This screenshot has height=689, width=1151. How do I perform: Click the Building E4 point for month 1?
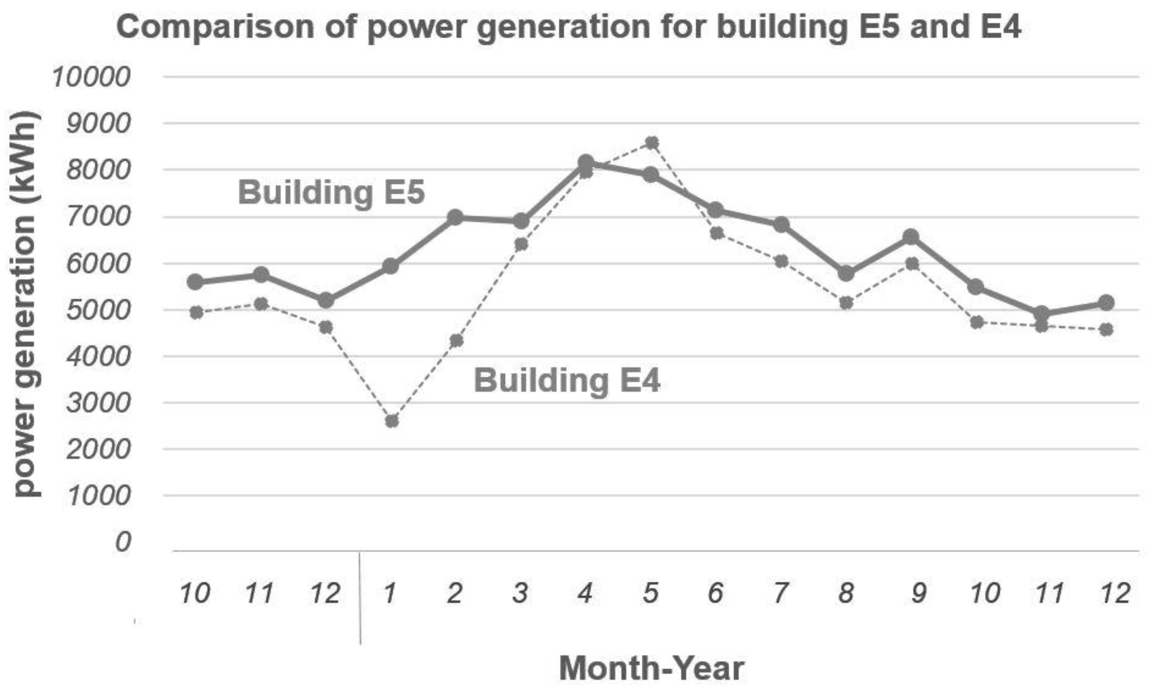pos(391,421)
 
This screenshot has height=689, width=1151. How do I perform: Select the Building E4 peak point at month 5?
pos(652,143)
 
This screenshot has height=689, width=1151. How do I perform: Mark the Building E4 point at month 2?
pos(457,341)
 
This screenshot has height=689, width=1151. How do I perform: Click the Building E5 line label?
pos(331,192)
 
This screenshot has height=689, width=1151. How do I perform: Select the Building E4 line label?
pos(567,380)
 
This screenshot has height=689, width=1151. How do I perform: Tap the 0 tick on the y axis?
pos(123,542)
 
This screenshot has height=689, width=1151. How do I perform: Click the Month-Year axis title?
pos(652,669)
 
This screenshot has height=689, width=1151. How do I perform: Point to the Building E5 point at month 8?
pos(846,273)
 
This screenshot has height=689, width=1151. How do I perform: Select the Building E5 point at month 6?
pos(716,210)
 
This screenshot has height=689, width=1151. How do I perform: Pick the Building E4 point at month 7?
pos(781,261)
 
